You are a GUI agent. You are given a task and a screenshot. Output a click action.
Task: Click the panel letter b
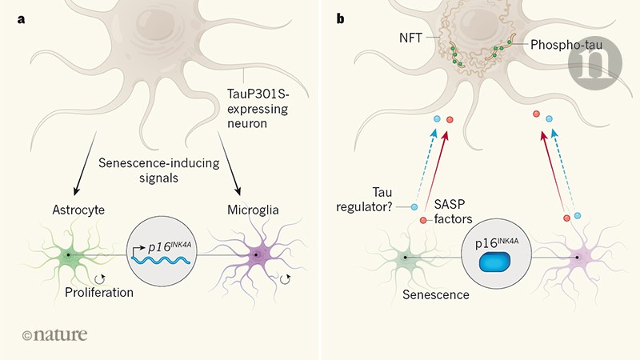point(341,18)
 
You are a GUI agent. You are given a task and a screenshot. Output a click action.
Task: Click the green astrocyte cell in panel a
point(70,255)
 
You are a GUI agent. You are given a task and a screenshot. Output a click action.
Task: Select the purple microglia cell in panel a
point(256,257)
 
